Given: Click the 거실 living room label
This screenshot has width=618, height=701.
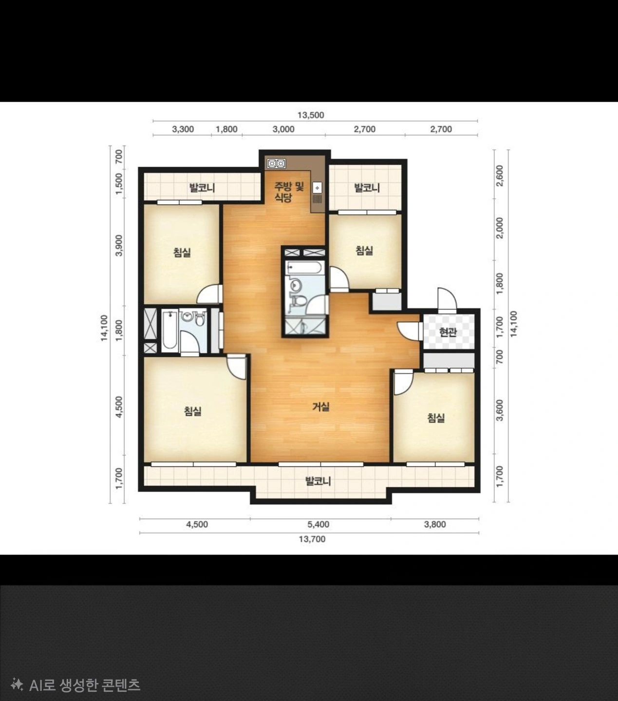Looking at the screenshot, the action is click(321, 407).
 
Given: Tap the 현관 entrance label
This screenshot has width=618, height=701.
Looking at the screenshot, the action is click(448, 332).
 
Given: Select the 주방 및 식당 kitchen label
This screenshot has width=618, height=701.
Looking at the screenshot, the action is click(288, 192).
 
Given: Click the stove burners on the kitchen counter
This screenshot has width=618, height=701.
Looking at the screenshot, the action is click(276, 163).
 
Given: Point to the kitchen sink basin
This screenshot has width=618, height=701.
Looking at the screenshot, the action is click(317, 188).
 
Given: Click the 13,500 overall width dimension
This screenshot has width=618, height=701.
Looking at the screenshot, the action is click(311, 115).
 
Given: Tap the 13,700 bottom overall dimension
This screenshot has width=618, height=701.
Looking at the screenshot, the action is click(312, 539).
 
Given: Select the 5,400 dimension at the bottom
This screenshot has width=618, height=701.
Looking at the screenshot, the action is click(318, 525).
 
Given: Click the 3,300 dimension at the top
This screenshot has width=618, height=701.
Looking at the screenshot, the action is click(183, 129).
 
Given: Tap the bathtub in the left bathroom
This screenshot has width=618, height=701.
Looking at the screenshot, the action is click(169, 330).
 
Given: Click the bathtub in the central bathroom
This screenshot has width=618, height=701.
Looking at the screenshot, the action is click(305, 268).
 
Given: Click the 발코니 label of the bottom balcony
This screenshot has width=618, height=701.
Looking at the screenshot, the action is click(318, 481).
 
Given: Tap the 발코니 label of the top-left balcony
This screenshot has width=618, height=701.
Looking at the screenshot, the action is click(202, 188).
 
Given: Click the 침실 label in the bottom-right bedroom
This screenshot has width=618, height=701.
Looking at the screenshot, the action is click(436, 418).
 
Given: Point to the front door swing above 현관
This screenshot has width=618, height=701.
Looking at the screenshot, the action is click(447, 299).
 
